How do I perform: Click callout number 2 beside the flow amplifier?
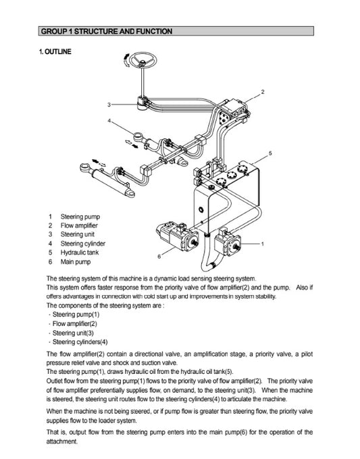coord(262,91)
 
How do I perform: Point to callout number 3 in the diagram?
coord(109,105)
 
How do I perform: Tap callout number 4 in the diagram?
coord(109,121)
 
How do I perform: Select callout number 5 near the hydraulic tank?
coord(270,153)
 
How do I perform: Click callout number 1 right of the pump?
coord(261,242)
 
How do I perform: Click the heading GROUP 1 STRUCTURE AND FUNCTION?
coord(107,32)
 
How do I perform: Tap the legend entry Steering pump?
coord(80,216)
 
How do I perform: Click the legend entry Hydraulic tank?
coord(80,252)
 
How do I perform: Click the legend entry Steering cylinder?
coord(83,244)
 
